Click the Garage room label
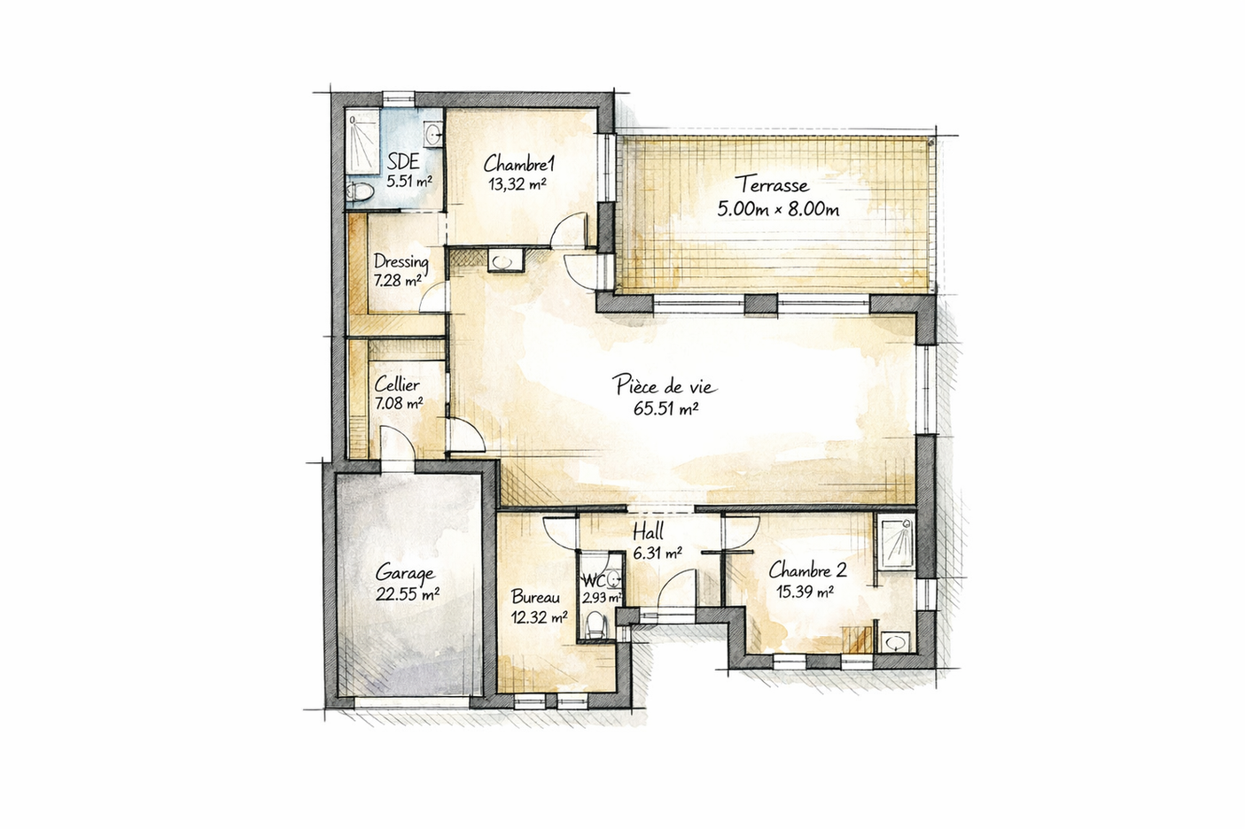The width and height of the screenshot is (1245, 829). tap(404, 572)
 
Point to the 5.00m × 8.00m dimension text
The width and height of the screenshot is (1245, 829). tap(777, 209)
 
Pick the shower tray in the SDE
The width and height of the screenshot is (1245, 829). tap(362, 142)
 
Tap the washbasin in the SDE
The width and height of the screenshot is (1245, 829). tap(432, 135)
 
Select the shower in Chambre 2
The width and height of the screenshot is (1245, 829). tap(896, 540)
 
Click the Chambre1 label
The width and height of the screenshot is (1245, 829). tap(518, 164)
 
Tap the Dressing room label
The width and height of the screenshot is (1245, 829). tap(401, 261)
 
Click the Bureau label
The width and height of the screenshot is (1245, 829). tap(535, 597)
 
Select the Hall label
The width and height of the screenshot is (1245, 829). tap(648, 533)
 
